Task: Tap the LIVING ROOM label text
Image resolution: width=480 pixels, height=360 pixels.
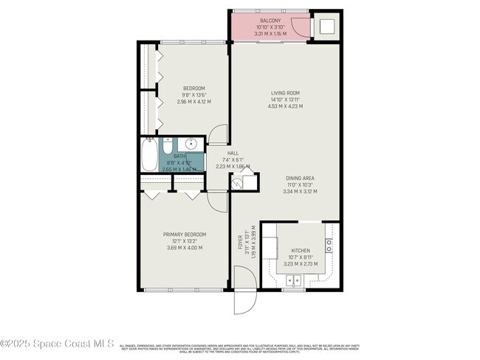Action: pos(284,93)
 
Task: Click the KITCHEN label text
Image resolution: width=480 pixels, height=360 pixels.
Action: pos(300,251)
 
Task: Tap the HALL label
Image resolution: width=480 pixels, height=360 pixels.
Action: pos(233,153)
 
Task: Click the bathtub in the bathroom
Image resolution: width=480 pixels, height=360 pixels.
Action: pos(148,156)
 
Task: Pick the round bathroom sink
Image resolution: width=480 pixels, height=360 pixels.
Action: pos(191,143)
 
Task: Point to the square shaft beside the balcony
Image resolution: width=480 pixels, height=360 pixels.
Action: pos(326,26)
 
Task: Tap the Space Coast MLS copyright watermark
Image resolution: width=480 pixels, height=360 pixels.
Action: pos(58,344)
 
